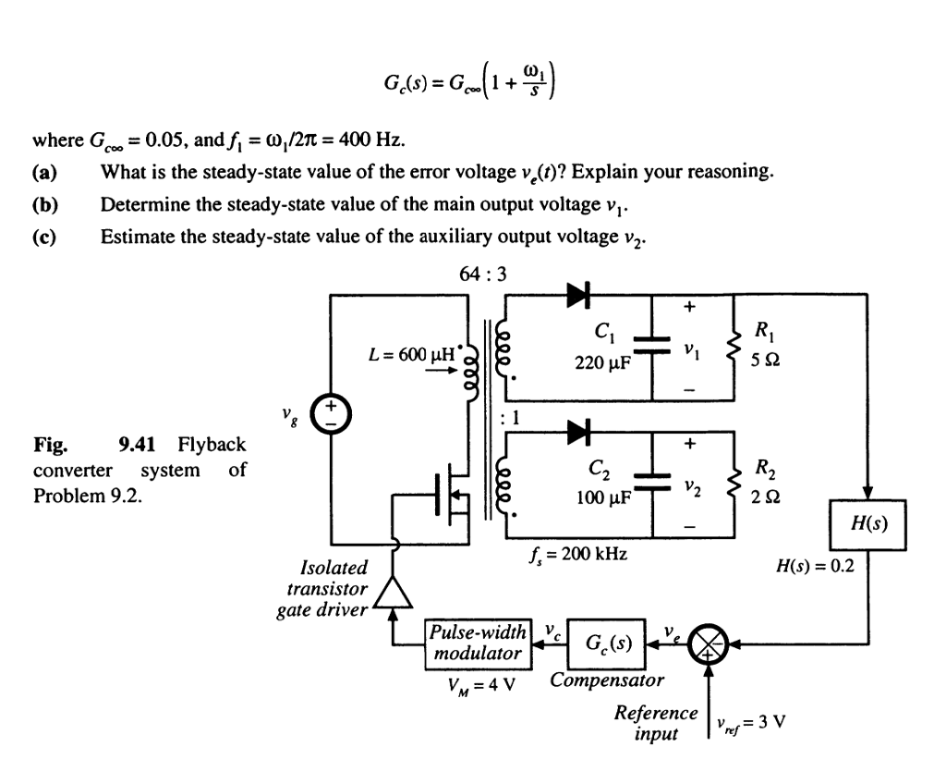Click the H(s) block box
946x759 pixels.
coord(867,524)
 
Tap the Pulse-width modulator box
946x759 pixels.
coord(478,643)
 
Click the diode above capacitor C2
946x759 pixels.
coord(579,431)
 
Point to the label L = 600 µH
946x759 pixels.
coord(409,356)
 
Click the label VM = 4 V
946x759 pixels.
coord(476,685)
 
